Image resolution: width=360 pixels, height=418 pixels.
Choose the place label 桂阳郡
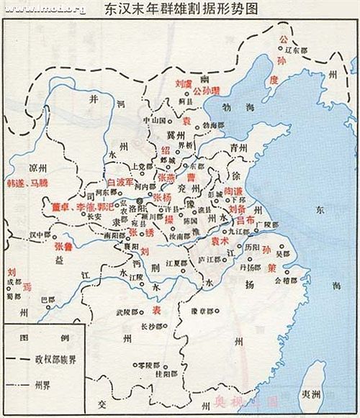pyautogui.click(x=164, y=374)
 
